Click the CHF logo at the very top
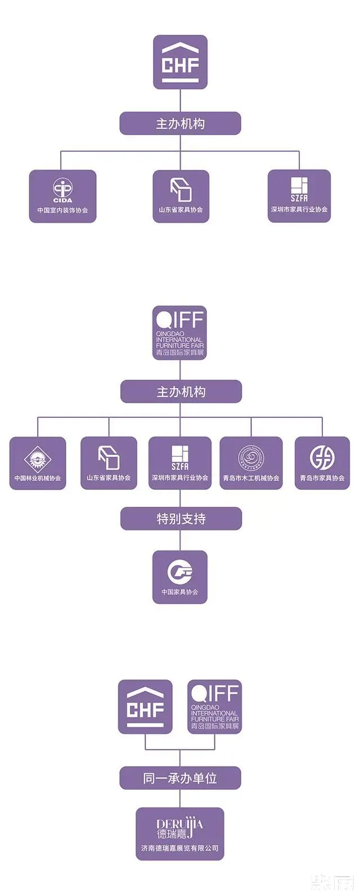coord(180,62)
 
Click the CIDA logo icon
coord(62,190)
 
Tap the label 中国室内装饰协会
coord(62,210)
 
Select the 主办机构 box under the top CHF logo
coord(180,124)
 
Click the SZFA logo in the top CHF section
coord(299,189)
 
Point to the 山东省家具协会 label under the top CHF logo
coord(181,210)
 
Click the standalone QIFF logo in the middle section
coord(180,333)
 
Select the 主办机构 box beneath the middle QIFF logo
coord(181,392)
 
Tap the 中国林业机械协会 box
coord(38,463)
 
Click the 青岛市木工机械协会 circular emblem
coord(251,458)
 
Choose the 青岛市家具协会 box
coord(322,463)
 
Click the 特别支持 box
coord(181,519)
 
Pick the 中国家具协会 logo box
coord(180,577)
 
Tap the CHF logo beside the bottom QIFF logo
coord(145,707)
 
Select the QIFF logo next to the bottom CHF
coord(214,707)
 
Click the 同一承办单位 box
coord(180,778)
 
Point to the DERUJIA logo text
coord(180,829)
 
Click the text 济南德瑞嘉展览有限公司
coord(180,848)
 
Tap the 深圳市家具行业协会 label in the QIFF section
coord(180,478)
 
